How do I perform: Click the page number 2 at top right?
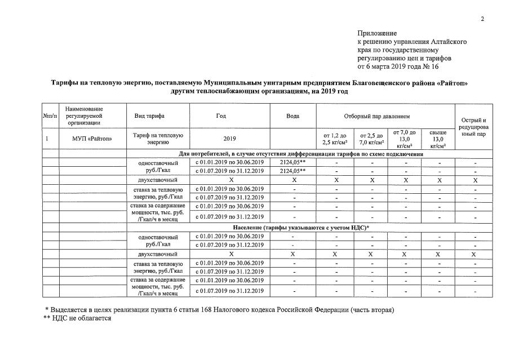pos(482,20)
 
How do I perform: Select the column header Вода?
pos(293,116)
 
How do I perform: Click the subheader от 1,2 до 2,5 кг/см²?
pos(335,139)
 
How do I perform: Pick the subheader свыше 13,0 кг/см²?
pos(438,139)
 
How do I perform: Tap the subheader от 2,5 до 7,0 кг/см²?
pos(371,139)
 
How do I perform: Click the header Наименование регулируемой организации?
pos(85,115)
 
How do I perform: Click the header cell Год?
pos(221,116)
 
